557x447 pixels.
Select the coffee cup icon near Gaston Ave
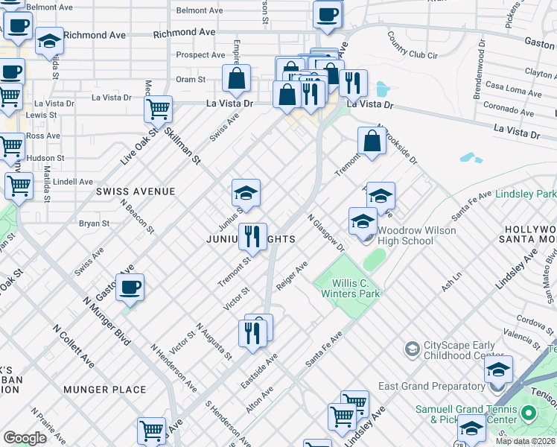[x=130, y=287]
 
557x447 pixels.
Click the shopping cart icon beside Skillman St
[x=158, y=109]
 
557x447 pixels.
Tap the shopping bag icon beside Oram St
[x=236, y=77]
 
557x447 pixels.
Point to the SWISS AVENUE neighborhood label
[x=136, y=191]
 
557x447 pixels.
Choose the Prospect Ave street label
[x=200, y=55]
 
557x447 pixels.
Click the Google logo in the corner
[x=25, y=438]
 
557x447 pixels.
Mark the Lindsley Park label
[x=525, y=194]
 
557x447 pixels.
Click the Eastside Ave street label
[x=259, y=370]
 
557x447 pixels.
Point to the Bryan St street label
[x=95, y=223]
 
